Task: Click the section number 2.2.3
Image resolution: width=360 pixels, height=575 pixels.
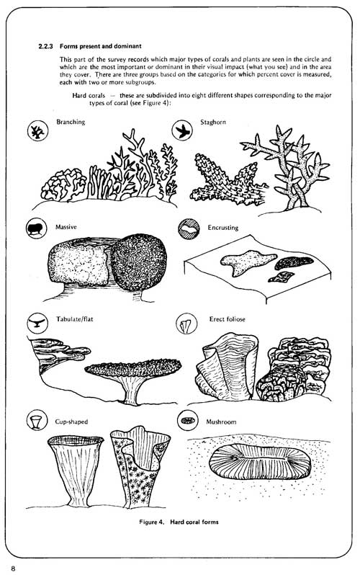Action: (x=46, y=47)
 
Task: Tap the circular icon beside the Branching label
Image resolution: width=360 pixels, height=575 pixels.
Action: (x=37, y=131)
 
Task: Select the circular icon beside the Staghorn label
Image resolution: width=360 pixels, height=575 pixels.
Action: (x=182, y=130)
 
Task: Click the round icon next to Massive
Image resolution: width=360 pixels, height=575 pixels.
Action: (x=36, y=228)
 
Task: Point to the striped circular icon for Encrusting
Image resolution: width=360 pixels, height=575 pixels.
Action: (x=189, y=229)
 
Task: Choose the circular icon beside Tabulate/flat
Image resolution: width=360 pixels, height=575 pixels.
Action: (x=37, y=323)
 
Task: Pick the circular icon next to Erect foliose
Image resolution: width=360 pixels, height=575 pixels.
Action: (x=186, y=324)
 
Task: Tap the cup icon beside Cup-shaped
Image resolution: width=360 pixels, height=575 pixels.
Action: (x=37, y=420)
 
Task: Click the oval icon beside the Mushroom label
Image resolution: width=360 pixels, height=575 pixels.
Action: (x=188, y=420)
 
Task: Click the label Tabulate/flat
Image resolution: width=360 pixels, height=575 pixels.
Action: (x=75, y=319)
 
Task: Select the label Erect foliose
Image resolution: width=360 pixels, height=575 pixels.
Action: (x=228, y=319)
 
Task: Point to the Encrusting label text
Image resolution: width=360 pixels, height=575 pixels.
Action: (x=223, y=228)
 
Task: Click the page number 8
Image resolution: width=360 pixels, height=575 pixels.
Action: (x=13, y=569)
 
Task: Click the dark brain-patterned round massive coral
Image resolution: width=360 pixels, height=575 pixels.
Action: (x=138, y=262)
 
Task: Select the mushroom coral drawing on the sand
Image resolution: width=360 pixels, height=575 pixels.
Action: (x=260, y=461)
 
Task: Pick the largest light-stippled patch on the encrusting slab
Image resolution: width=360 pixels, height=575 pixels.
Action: (x=248, y=262)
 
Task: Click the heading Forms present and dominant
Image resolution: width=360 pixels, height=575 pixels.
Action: (x=101, y=47)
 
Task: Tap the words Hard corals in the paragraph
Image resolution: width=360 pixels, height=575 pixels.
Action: (x=89, y=95)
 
